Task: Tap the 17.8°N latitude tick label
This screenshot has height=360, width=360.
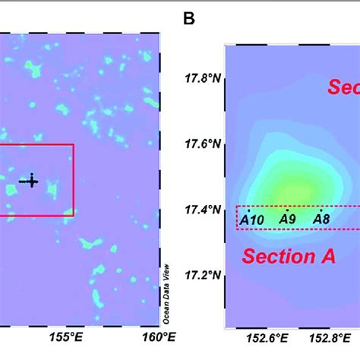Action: (x=203, y=78)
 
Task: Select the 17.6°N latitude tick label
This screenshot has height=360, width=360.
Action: (x=203, y=144)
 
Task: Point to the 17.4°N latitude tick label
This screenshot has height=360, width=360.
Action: (x=203, y=209)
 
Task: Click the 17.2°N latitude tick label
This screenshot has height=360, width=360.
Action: (x=203, y=274)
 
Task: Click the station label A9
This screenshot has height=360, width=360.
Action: (x=287, y=220)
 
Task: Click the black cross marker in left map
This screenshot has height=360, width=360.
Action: (x=30, y=181)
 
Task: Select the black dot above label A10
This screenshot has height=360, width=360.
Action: (x=248, y=211)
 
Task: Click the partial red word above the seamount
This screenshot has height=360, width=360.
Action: (x=343, y=87)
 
